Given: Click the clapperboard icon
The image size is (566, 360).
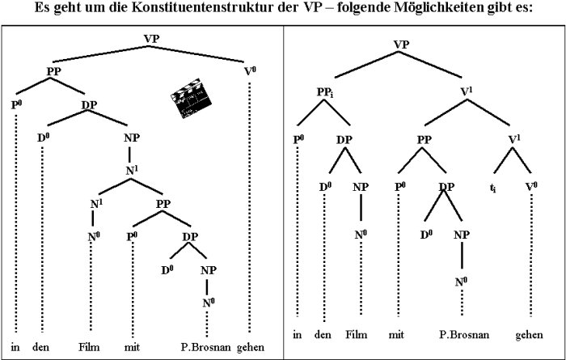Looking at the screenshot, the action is point(191,98).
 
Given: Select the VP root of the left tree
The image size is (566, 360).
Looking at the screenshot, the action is point(151,39).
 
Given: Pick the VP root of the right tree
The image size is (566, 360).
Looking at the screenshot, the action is point(401,44).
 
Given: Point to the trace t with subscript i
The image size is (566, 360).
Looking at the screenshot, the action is point(492,188).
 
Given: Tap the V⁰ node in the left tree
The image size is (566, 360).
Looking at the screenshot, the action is point(250,71).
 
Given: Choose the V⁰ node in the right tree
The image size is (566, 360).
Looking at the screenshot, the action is point(531,187).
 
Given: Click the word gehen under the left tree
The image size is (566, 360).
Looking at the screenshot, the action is point(251,347).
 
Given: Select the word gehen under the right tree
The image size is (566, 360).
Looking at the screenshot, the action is point(529,335).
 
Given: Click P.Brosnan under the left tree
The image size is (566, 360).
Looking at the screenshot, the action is point(205,347).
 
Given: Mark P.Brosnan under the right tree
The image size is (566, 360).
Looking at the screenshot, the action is point(464,334).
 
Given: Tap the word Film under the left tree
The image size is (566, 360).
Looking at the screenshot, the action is point(89,347).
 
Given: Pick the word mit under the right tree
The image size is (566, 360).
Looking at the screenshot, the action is point(396,335).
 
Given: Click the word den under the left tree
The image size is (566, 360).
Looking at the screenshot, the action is point(40,347).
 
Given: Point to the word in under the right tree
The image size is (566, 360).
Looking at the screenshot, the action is point(297,335).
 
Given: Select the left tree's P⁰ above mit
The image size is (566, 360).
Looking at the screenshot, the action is point(132,237).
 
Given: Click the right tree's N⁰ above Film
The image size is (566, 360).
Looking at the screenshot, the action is point(361,235).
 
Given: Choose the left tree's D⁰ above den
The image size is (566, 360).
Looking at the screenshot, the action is point(44,138).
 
